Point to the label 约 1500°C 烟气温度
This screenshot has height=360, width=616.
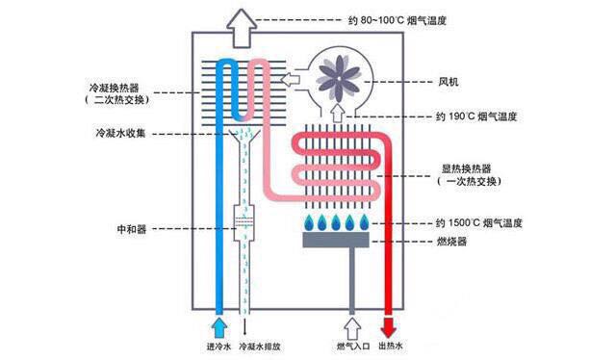point(481,223)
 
